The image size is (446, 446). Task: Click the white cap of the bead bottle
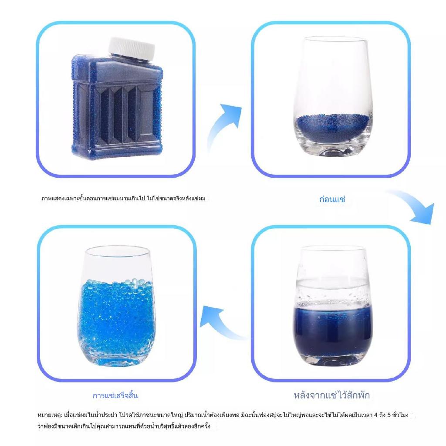coord(132,49)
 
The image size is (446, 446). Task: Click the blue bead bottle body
coord(117,108)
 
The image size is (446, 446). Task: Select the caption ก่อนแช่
coord(332,199)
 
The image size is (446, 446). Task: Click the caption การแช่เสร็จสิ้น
coord(115,395)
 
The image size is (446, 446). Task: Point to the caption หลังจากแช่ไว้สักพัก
coord(331,395)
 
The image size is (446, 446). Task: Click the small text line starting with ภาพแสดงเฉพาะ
coord(123,198)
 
